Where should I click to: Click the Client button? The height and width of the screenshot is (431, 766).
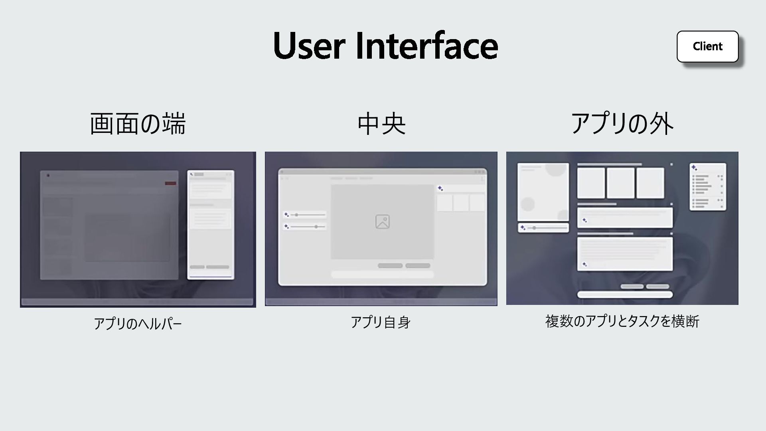pos(707,46)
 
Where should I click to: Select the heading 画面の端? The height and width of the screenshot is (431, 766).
pos(138,123)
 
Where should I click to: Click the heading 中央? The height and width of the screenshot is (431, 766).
pos(381,123)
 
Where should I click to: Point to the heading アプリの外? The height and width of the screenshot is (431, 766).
pos(622,123)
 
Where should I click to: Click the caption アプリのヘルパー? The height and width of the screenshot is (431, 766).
pos(138,323)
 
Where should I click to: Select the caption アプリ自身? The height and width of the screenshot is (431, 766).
pos(381,322)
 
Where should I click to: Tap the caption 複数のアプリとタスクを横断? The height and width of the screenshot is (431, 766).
pos(622,321)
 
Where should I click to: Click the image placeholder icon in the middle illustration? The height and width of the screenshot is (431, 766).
pos(382,221)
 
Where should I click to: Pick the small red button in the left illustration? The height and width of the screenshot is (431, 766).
pos(170,183)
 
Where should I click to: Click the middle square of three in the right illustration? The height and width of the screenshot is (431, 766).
pos(620,183)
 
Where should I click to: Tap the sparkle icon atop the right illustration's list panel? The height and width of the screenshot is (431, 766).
pos(695,168)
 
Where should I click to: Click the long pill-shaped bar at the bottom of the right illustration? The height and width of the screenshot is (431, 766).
pos(625,295)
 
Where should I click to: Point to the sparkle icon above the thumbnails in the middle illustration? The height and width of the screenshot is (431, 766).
pos(440,188)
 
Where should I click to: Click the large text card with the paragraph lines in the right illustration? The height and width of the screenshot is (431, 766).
pos(625,254)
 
